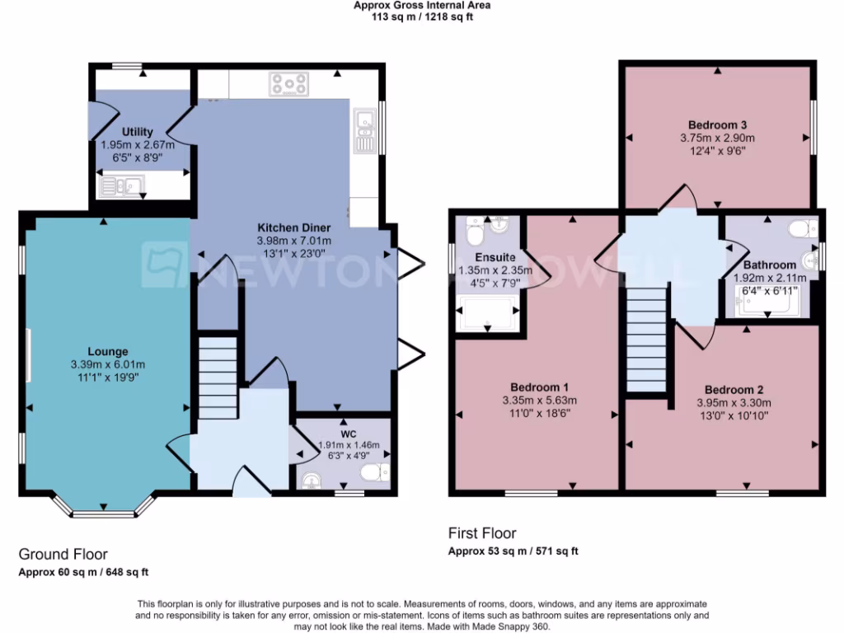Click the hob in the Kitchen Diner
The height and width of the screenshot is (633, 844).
[288, 83]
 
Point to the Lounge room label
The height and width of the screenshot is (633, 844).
[109, 352]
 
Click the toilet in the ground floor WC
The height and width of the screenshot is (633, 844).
[375, 471]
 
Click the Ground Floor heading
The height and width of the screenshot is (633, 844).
[63, 554]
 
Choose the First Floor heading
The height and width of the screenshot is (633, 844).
[482, 533]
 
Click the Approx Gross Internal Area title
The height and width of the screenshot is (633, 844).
[422, 5]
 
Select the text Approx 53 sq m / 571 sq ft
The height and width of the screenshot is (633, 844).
[513, 551]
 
